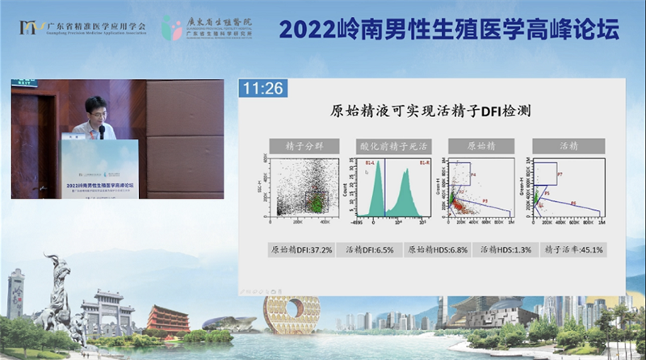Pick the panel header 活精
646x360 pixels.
click(x=568, y=146)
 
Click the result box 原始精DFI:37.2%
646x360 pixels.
click(x=301, y=250)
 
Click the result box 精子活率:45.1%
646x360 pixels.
click(x=571, y=250)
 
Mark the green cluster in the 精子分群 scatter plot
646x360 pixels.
click(x=317, y=199)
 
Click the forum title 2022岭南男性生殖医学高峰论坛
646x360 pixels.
click(x=448, y=29)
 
